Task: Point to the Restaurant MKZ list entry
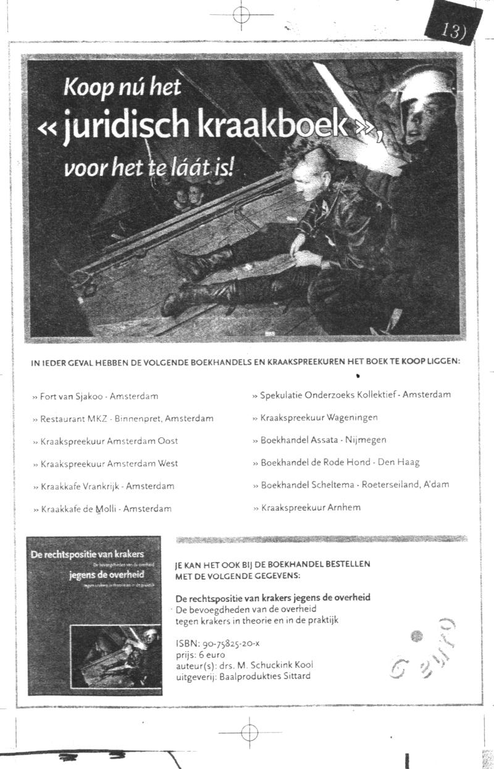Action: point(127,418)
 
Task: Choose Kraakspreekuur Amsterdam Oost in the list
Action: point(109,441)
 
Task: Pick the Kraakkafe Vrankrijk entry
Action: point(107,486)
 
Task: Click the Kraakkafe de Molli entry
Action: point(106,509)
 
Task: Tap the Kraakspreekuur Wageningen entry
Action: point(319,417)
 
